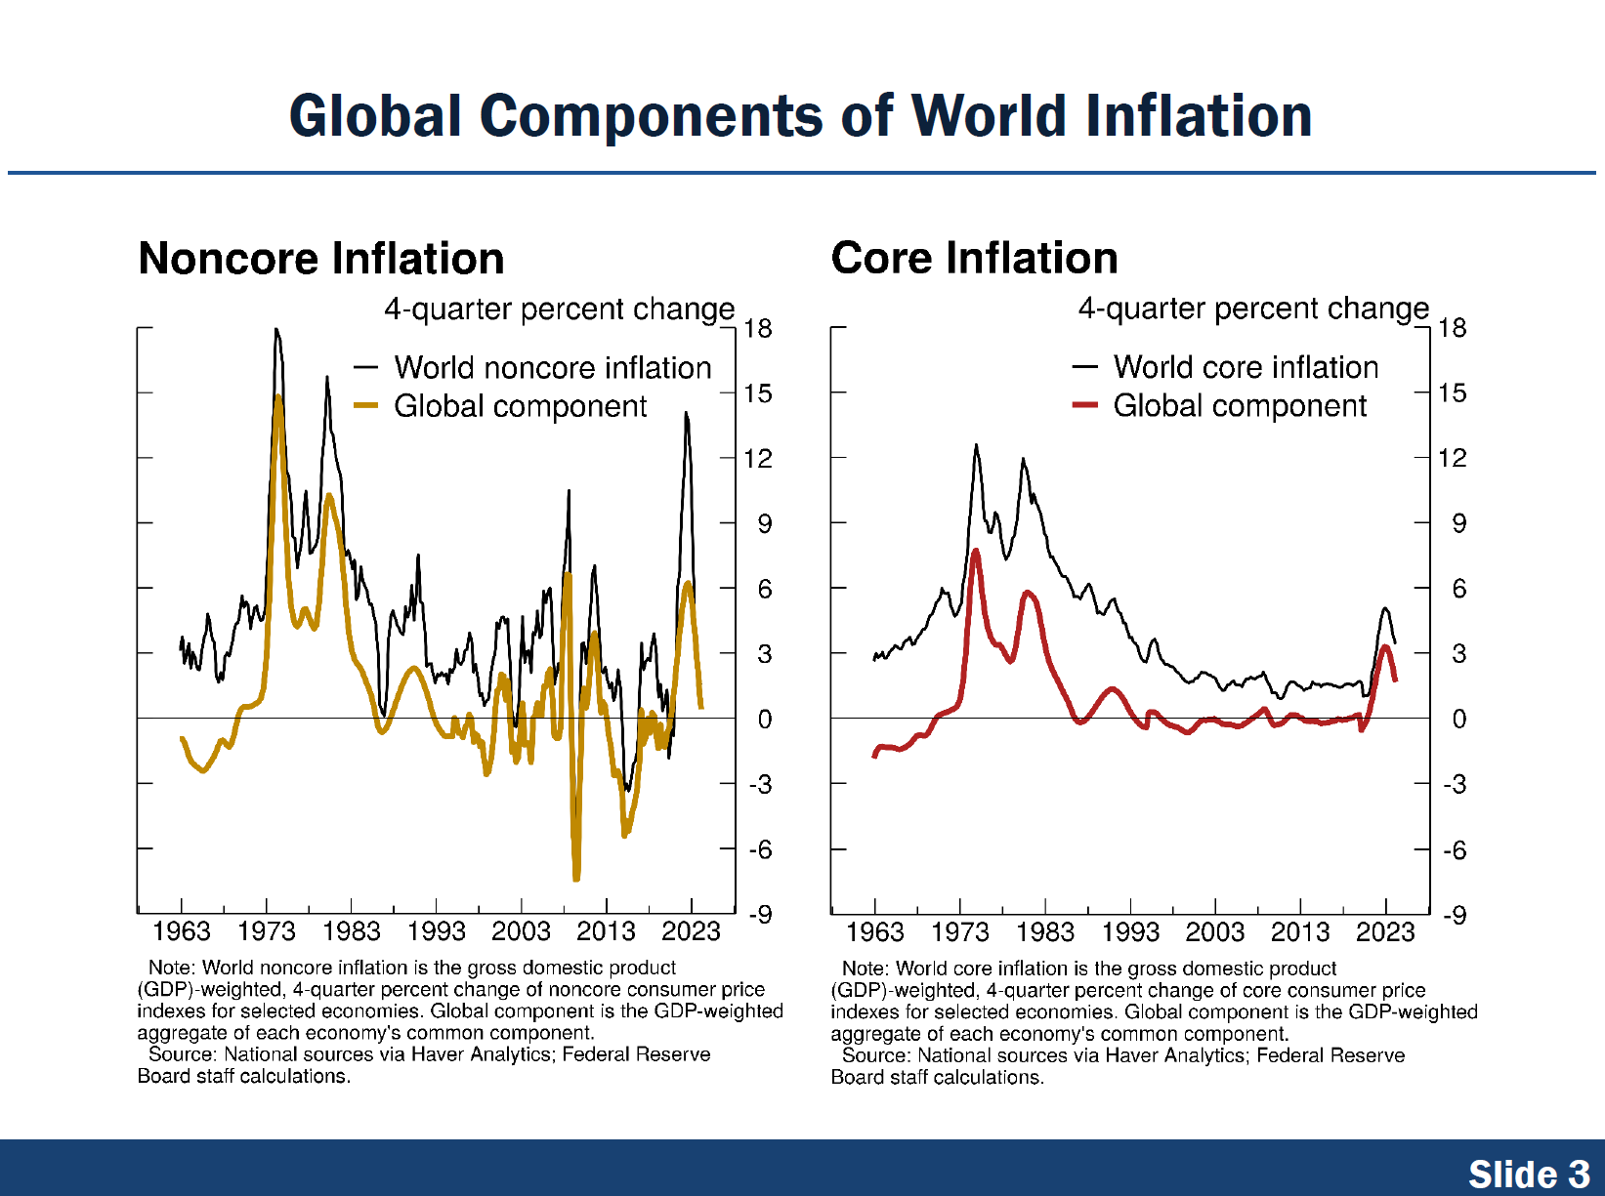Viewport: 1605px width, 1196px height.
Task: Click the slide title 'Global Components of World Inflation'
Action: (800, 116)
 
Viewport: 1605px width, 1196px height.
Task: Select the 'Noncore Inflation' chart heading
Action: (321, 259)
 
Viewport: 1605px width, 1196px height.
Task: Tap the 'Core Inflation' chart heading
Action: (974, 259)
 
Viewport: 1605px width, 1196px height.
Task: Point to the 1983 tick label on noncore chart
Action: (352, 931)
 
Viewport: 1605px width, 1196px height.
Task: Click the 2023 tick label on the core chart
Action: (1384, 932)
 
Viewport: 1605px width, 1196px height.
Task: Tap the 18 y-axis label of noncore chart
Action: (758, 329)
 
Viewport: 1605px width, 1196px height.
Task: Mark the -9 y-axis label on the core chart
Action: (1455, 916)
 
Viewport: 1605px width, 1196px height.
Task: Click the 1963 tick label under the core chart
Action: (874, 932)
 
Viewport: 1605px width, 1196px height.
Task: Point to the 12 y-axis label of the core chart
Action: (1453, 458)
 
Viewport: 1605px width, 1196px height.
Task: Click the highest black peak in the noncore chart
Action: (276, 330)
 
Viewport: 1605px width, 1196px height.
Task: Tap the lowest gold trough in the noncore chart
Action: (576, 878)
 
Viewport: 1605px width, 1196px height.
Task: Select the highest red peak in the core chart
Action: (975, 553)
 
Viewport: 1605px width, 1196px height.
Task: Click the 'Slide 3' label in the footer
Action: (1529, 1174)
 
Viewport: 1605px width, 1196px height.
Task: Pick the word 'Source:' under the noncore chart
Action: (183, 1054)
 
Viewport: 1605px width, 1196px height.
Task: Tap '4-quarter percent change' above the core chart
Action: (1252, 309)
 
